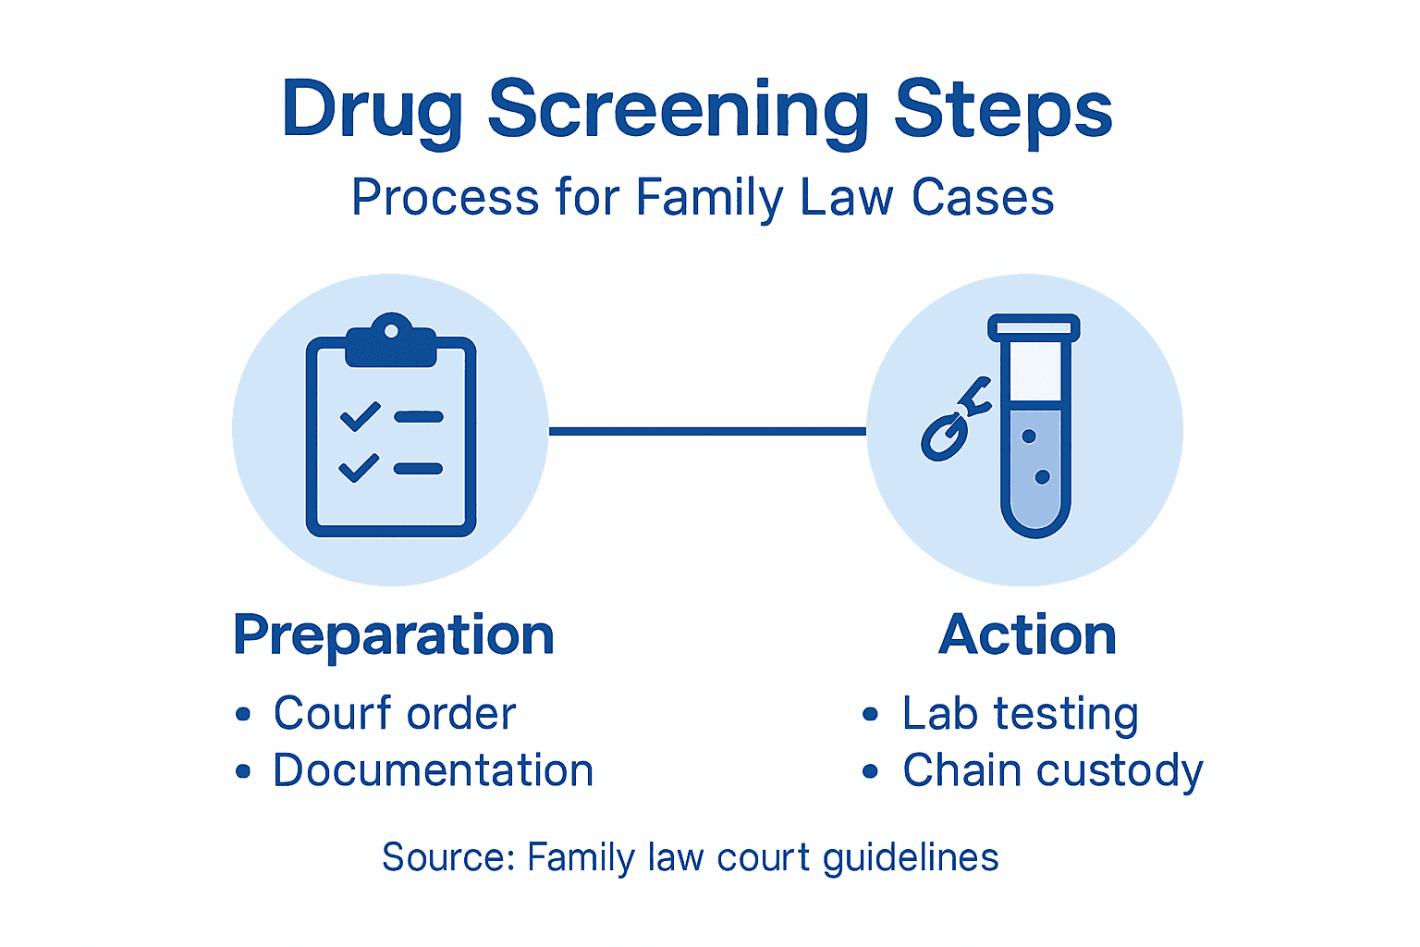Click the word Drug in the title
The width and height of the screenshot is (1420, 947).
(x=372, y=111)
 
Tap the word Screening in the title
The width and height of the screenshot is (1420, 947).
(x=678, y=111)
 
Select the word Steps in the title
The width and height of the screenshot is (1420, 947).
(x=1003, y=111)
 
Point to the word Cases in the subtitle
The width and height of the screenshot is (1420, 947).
(x=983, y=198)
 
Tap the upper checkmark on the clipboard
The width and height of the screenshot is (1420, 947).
(x=360, y=416)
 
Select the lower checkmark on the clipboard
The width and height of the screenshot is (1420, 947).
(x=359, y=468)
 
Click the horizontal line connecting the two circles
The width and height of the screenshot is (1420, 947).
(x=707, y=431)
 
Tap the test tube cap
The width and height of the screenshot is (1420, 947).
(x=1034, y=327)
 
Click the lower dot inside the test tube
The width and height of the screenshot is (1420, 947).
(x=1042, y=477)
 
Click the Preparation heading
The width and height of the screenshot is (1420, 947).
(x=394, y=635)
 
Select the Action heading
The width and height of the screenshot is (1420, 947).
(x=1027, y=635)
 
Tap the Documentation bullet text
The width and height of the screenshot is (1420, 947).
(x=433, y=770)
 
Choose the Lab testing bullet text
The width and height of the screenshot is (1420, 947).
(x=1020, y=714)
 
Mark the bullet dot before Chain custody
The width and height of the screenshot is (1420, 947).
(x=870, y=771)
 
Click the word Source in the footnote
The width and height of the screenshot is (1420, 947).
(x=444, y=857)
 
